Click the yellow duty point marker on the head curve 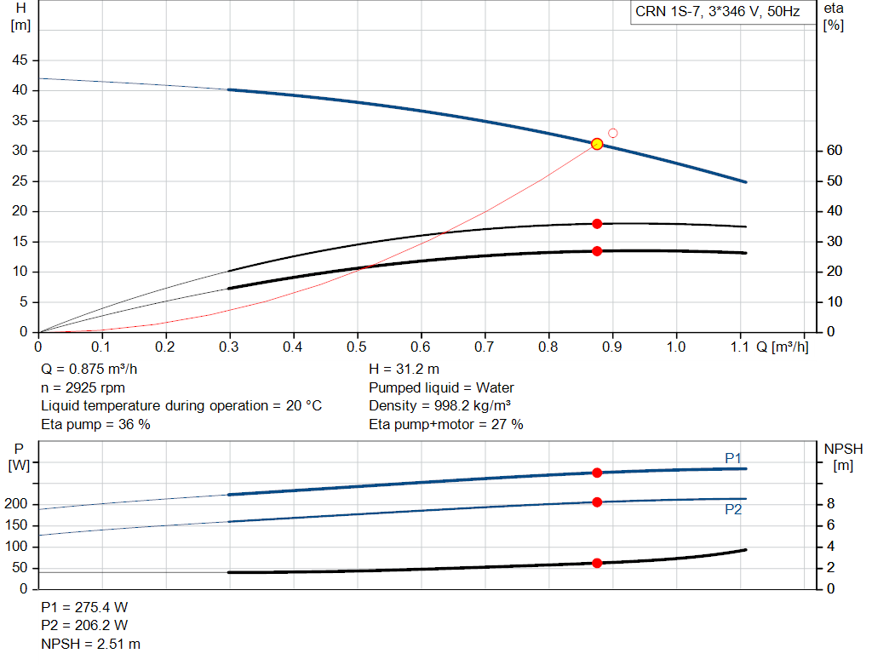click(597, 144)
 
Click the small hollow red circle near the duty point click(613, 133)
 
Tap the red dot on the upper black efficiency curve click(597, 224)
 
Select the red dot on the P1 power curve click(597, 473)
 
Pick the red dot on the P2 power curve click(597, 502)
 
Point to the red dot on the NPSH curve click(597, 563)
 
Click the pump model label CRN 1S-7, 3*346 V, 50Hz click(717, 12)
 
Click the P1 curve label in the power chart click(733, 458)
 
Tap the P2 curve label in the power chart click(733, 510)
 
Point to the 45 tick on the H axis click(20, 60)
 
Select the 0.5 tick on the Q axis click(357, 347)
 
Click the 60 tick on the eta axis click(835, 150)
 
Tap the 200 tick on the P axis click(16, 504)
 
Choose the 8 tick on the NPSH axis click(830, 504)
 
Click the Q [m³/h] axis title click(783, 347)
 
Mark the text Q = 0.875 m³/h click(89, 370)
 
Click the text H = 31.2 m click(404, 370)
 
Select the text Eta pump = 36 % click(95, 424)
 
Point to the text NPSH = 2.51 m click(90, 644)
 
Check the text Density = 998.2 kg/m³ click(440, 406)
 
